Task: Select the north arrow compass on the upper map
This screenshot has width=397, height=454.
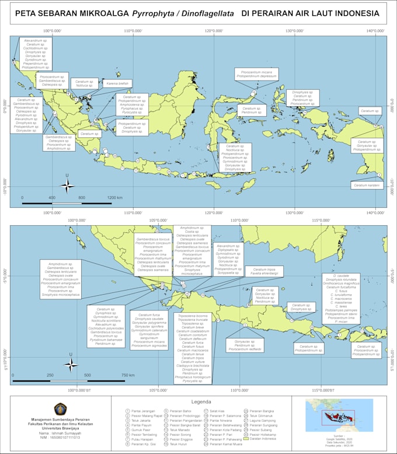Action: (67, 186)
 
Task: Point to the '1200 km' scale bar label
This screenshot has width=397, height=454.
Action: (115, 198)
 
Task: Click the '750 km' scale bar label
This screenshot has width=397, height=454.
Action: (128, 375)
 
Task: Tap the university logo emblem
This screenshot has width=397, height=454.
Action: (61, 408)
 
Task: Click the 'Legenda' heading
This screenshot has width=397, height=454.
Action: (201, 401)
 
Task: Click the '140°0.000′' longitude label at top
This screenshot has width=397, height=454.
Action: (375, 32)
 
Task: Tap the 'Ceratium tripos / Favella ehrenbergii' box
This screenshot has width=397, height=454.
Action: (263, 271)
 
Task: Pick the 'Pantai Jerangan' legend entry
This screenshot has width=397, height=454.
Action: (141, 411)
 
